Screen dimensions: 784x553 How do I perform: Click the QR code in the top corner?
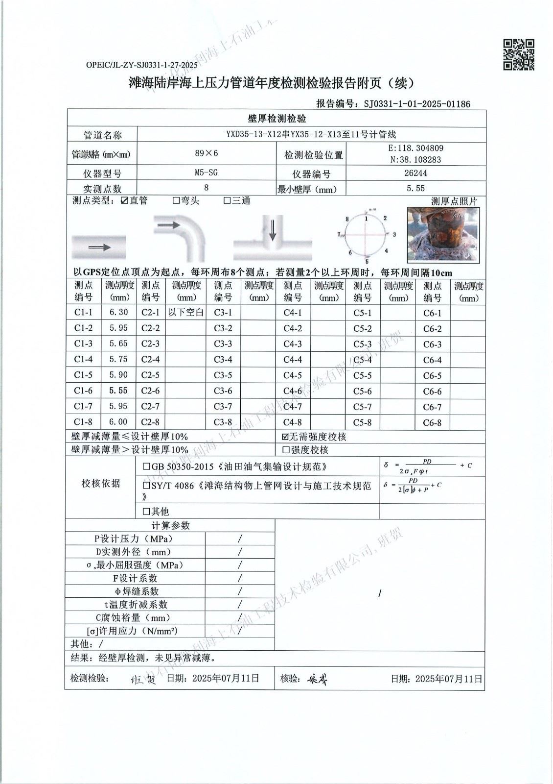[x=519, y=54]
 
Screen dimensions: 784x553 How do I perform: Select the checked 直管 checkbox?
[x=124, y=200]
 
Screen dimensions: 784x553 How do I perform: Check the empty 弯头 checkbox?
[x=176, y=200]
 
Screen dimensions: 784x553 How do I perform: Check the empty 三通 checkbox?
[x=227, y=200]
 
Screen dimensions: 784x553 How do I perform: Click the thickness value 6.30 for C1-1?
[x=118, y=313]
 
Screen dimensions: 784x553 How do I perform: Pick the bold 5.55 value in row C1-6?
[x=118, y=391]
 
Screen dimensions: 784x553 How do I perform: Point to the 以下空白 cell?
[x=185, y=313]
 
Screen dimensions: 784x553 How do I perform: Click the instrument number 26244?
[x=415, y=173]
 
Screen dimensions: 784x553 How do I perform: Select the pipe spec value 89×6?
[x=207, y=153]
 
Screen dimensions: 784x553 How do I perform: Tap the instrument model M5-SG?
[x=206, y=172]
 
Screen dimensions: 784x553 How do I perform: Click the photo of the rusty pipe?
[x=443, y=234]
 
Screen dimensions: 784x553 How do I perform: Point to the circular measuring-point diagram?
[x=367, y=234]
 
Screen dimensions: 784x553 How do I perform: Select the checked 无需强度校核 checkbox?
[x=286, y=437]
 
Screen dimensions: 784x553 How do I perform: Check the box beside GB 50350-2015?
[x=146, y=467]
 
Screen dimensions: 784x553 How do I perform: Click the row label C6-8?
[x=432, y=422]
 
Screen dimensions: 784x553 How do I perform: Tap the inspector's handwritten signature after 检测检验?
[x=143, y=680]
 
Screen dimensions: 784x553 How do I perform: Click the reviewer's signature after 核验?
[x=318, y=679]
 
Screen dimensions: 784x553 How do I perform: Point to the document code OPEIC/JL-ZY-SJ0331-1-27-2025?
[x=141, y=65]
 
